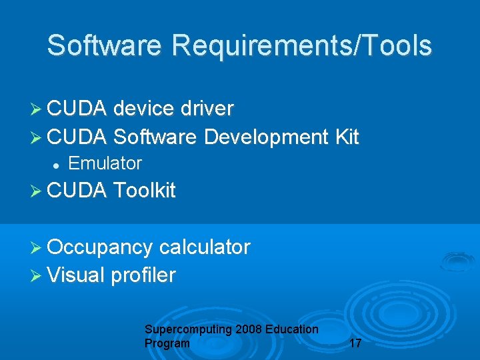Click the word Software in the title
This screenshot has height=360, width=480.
[105, 46]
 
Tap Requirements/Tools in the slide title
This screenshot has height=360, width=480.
[302, 46]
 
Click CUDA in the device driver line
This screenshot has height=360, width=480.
[77, 109]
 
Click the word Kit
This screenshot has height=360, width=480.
[347, 137]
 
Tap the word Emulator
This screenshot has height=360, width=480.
[105, 163]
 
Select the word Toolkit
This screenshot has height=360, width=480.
[145, 191]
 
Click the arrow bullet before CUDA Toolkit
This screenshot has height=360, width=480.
[37, 191]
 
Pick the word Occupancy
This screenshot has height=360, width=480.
[100, 248]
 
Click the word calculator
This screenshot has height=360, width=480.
[205, 247]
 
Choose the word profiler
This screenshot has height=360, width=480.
[144, 275]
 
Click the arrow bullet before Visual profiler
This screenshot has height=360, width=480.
[37, 275]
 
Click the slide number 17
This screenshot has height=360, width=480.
[355, 344]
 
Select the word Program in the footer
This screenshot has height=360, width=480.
[167, 343]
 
